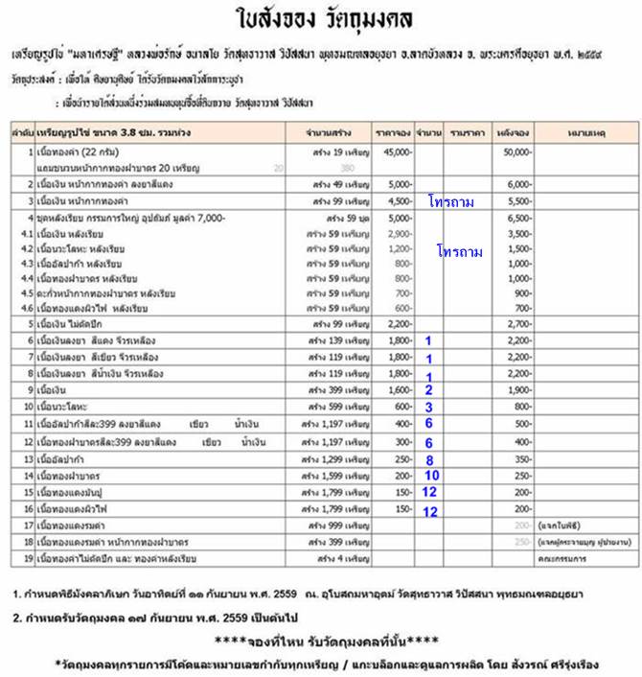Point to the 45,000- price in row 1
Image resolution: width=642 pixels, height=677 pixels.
397,152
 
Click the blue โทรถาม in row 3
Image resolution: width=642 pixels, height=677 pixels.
452,201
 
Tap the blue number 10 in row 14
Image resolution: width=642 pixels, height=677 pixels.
431,476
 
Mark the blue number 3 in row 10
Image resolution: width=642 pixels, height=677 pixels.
429,407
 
